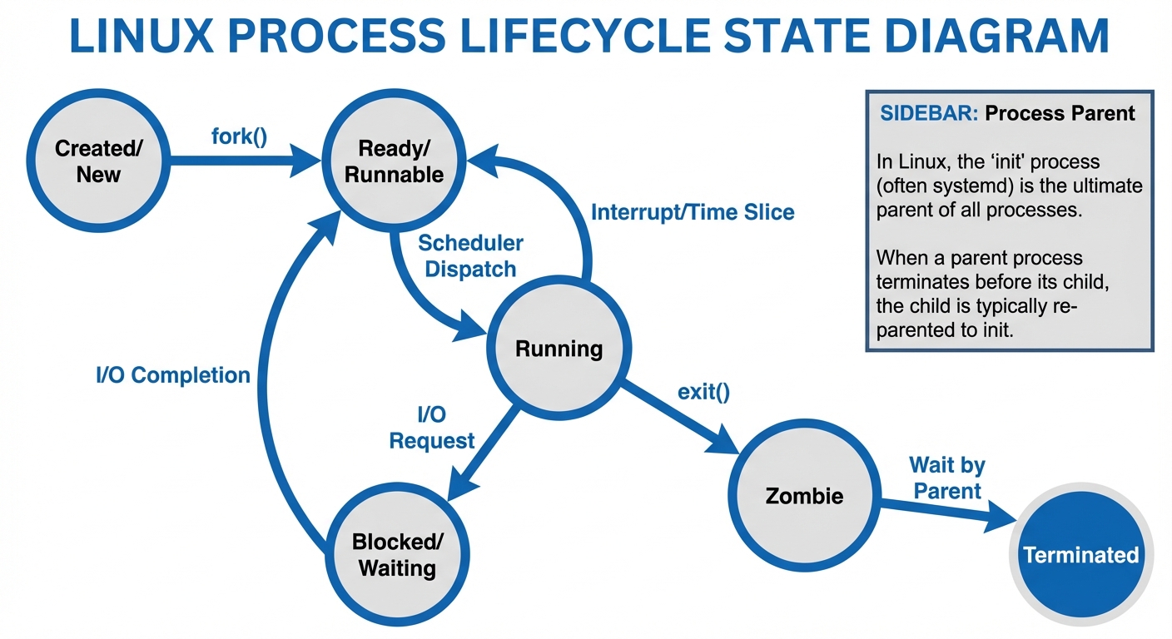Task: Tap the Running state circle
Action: (x=559, y=349)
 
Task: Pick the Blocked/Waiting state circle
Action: (x=397, y=555)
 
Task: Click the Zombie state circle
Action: (x=803, y=496)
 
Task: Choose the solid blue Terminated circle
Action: (x=1080, y=555)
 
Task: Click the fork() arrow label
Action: (x=240, y=135)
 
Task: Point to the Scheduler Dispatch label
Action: (x=470, y=256)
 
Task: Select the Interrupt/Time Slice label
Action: (x=693, y=212)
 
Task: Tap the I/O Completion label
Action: (x=173, y=375)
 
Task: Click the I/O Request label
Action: (x=432, y=427)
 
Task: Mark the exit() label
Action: (x=703, y=391)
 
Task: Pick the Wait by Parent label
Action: (x=947, y=478)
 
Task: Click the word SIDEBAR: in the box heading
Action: (x=929, y=113)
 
